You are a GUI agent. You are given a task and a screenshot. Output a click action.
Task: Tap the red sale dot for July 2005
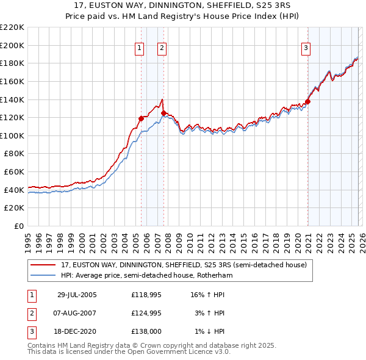point(142,118)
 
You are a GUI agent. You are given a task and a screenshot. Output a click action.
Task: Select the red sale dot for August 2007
point(163,113)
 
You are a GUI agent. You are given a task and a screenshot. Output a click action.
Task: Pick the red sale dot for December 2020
point(308,101)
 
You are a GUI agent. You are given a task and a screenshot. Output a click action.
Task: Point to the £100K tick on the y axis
point(13,135)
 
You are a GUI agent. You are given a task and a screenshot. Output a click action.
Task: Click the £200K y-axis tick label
point(13,45)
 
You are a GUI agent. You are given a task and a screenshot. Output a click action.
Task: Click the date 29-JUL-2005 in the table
point(77,295)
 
